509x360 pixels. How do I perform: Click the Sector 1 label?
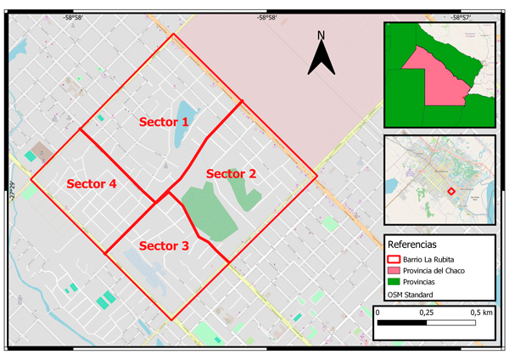click(x=165, y=122)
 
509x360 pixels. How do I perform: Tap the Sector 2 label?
click(x=231, y=173)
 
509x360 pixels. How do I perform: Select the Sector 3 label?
click(x=164, y=246)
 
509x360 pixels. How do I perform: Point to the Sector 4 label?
click(x=92, y=183)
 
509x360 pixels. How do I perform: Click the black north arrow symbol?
click(x=321, y=59)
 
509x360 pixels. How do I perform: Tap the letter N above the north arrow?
click(x=321, y=35)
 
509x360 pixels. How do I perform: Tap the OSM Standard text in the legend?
click(x=411, y=295)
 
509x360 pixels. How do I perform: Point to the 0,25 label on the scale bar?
click(x=425, y=312)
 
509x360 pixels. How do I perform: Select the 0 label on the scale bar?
click(x=378, y=312)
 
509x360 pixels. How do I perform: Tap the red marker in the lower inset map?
click(x=451, y=191)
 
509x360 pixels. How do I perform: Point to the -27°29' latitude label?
click(x=13, y=192)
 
